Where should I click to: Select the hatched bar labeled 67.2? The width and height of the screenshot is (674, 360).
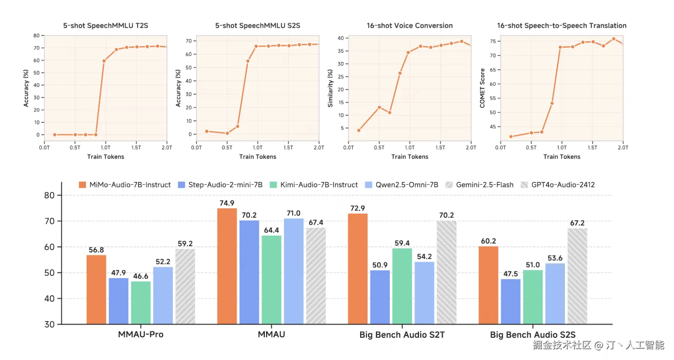[x=577, y=276]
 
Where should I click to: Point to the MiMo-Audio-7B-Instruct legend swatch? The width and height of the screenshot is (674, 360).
[x=82, y=185]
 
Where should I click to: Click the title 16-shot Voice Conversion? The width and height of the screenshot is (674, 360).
[x=410, y=25]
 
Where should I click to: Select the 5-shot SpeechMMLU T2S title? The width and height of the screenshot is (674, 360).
[x=106, y=25]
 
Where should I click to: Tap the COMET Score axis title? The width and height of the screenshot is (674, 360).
[x=482, y=88]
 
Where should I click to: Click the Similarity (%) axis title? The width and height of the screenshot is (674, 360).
[x=330, y=88]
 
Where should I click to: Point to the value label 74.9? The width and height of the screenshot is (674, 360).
[x=227, y=203]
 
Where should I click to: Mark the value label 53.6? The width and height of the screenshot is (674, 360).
[x=555, y=258]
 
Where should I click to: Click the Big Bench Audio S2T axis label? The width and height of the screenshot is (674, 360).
[x=402, y=335]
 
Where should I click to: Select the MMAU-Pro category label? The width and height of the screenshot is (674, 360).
[x=140, y=335]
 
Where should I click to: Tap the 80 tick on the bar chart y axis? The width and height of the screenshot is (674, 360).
[x=49, y=195]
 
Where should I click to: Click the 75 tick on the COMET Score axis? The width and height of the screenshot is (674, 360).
[x=493, y=41]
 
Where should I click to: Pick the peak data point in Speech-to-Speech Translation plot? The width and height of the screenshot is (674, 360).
[x=614, y=39]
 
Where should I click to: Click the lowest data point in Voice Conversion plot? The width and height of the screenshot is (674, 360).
[x=359, y=130]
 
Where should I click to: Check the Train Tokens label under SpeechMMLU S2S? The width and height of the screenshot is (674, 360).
[x=257, y=156]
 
